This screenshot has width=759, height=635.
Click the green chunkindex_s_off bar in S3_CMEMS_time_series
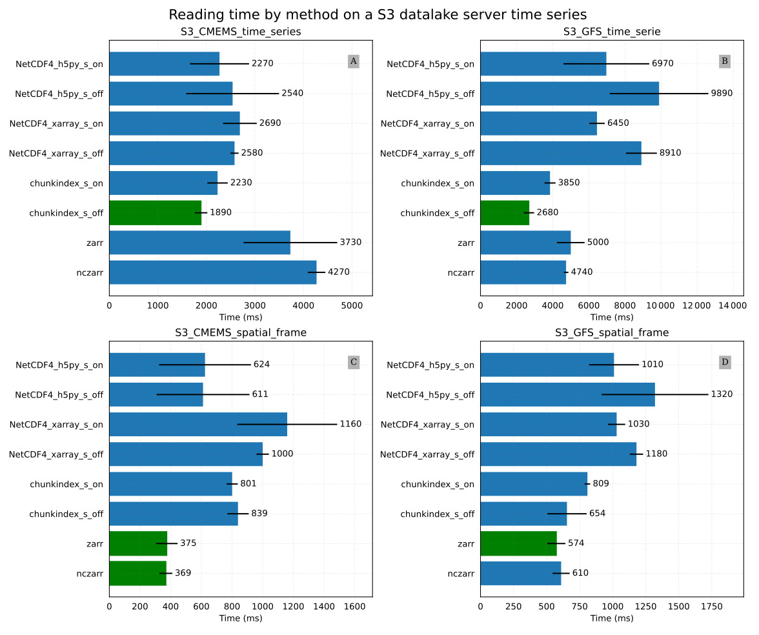tap(155, 212)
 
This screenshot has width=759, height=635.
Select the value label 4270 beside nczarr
tap(339, 272)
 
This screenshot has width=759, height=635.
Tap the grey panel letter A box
tap(353, 61)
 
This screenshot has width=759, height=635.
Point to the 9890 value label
tap(722, 94)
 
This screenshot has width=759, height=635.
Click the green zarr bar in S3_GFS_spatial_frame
tap(518, 543)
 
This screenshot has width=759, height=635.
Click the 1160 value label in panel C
tap(350, 424)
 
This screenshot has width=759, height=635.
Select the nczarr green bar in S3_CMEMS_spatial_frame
tap(137, 573)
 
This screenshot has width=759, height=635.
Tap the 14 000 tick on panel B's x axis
tap(729, 305)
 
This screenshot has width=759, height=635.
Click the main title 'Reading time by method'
tap(378, 14)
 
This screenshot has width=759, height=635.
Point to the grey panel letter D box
tap(725, 362)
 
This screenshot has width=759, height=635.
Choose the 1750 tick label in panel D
tap(711, 606)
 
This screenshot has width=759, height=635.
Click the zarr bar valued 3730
tap(199, 242)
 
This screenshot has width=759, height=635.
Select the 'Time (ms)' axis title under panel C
tap(241, 618)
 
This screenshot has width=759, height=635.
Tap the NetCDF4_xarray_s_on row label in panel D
tap(427, 425)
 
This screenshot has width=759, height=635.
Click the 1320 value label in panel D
tap(722, 394)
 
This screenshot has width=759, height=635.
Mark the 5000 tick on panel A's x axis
tap(352, 305)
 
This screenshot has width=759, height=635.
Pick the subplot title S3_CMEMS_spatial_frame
tap(241, 333)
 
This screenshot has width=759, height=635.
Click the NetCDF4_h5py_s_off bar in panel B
tap(569, 94)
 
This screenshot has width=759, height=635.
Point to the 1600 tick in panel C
tap(354, 606)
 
